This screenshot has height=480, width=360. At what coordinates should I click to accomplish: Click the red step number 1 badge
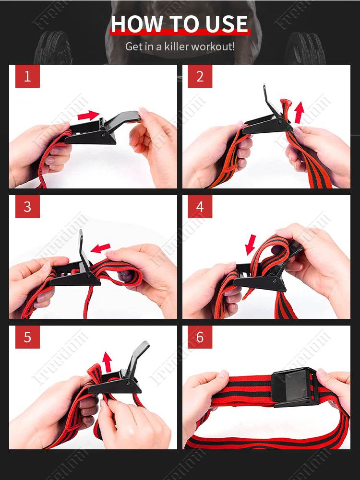27,76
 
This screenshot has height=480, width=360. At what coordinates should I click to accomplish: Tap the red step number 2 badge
200,76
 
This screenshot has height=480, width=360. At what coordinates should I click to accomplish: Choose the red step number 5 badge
27,337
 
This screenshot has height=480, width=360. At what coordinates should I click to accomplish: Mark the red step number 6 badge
200,337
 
